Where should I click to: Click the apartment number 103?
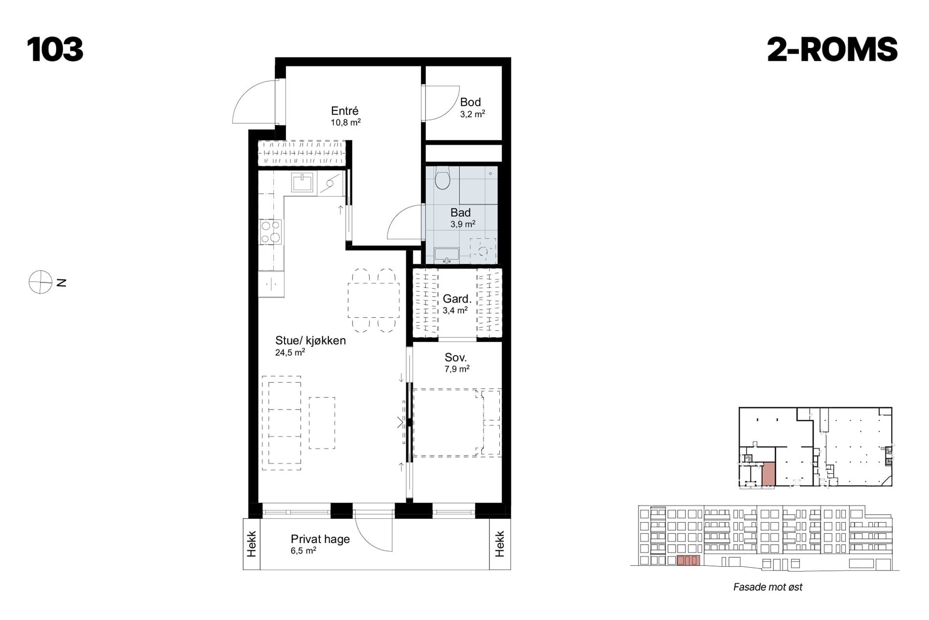click(55, 49)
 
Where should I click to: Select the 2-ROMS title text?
click(832, 49)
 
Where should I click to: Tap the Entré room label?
click(345, 111)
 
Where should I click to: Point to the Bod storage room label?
click(470, 102)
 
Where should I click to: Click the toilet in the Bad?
click(442, 178)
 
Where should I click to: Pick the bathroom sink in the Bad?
click(446, 255)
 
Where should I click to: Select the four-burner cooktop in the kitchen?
click(271, 232)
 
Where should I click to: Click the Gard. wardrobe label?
click(457, 299)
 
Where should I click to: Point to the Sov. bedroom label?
click(455, 358)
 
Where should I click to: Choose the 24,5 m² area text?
click(290, 352)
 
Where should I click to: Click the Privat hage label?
click(320, 539)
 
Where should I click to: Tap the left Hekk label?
click(251, 544)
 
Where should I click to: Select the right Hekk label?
click(499, 544)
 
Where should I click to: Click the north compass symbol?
click(41, 282)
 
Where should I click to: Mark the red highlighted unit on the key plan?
click(769, 474)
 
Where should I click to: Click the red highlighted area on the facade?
click(688, 560)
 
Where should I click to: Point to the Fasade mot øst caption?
click(768, 587)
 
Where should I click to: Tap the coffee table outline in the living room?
click(322, 423)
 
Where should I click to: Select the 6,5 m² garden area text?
click(303, 551)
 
